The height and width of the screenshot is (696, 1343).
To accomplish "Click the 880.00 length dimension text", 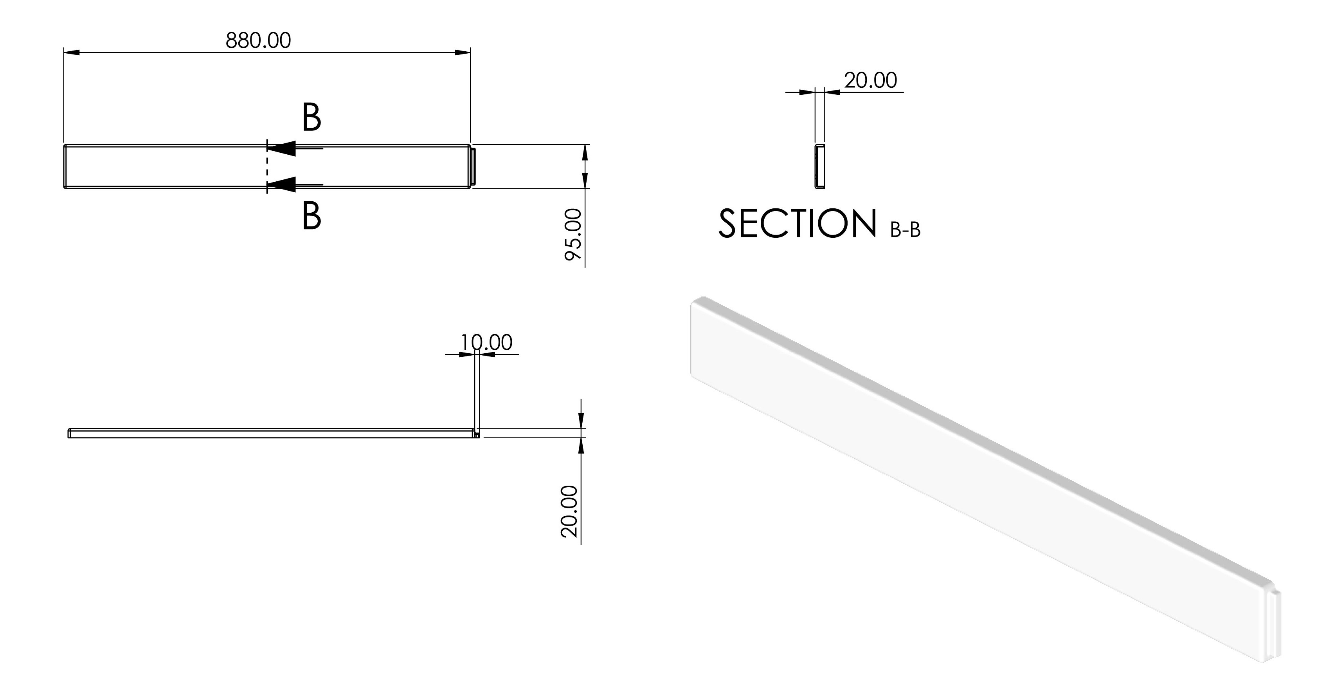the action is click(x=258, y=40).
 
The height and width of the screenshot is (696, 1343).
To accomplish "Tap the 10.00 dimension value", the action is click(x=486, y=342).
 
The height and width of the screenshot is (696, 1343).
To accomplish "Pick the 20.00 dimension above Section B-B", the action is click(x=871, y=80).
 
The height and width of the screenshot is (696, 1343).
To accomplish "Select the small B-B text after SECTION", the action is click(x=905, y=230).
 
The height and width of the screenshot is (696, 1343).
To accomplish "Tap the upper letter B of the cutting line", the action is click(x=311, y=118).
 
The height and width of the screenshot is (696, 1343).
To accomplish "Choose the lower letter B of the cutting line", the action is click(x=311, y=216).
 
